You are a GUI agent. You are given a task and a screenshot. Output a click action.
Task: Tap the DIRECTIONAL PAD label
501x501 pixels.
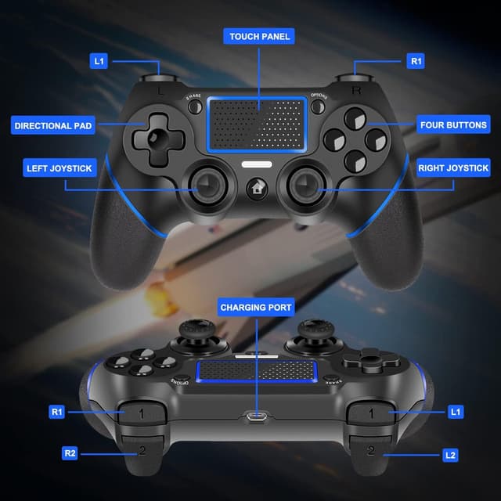[54, 125]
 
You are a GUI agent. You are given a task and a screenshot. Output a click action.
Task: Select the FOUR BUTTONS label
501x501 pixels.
[453, 125]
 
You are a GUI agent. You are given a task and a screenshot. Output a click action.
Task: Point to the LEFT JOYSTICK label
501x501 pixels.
[59, 168]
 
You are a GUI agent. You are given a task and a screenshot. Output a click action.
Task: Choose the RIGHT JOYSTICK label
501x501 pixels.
[453, 168]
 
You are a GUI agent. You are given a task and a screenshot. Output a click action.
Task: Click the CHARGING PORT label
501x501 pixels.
[256, 308]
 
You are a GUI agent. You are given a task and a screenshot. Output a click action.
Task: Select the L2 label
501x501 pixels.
[449, 454]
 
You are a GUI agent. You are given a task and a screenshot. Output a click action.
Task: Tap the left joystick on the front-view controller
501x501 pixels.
[207, 185]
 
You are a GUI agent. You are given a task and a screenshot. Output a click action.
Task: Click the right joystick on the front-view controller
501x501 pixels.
[305, 185]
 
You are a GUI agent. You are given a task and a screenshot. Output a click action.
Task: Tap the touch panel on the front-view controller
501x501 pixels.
[256, 125]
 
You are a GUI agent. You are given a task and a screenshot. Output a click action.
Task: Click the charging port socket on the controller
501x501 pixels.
[256, 416]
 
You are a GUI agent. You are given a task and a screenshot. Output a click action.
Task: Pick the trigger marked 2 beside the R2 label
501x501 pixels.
[142, 449]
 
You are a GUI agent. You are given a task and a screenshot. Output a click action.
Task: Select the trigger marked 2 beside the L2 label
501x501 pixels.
[370, 449]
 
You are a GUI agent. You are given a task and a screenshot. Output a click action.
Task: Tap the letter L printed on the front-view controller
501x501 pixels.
[160, 92]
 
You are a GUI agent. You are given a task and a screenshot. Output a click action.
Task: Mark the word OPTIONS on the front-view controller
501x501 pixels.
[319, 97]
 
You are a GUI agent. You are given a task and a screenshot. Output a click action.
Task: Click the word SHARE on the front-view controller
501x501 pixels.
[193, 97]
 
